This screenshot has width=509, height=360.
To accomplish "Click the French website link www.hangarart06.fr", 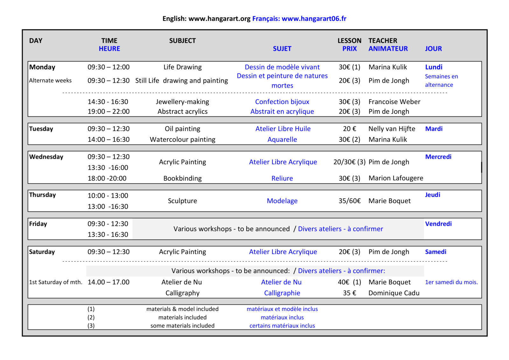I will [314, 19].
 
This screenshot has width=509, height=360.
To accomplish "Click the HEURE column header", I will [109, 49].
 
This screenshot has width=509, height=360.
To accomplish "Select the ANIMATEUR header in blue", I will [388, 49].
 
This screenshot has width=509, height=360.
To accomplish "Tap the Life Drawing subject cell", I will [182, 67].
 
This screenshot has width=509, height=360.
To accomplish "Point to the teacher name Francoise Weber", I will [394, 102].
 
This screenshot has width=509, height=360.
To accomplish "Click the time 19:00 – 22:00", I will [108, 112].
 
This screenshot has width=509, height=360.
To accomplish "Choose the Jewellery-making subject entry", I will [182, 102].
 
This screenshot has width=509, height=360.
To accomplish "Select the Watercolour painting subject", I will [182, 140].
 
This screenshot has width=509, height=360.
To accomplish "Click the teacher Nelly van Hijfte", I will [392, 129].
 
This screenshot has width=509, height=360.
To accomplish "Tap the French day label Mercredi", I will [438, 157].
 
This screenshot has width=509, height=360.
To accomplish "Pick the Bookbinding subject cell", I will [182, 178].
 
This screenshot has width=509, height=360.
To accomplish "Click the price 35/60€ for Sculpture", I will [349, 201].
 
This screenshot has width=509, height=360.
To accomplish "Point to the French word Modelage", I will [282, 201].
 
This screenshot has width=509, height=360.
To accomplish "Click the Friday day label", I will [38, 224].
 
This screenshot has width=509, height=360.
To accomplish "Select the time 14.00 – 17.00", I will [108, 282].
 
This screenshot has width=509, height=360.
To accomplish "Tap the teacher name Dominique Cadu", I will [394, 293].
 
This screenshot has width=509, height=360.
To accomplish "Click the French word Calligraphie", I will [282, 293].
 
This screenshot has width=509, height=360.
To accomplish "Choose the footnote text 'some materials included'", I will [182, 326].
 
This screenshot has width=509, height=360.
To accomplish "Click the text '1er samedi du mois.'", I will [451, 282].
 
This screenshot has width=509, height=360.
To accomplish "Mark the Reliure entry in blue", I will [282, 178].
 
